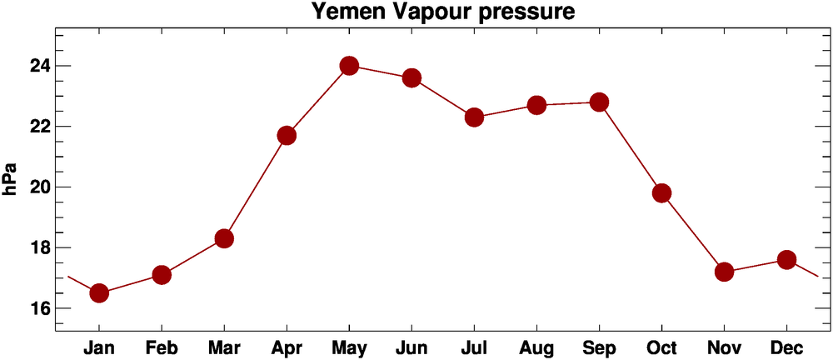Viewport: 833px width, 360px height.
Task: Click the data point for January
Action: [99, 292]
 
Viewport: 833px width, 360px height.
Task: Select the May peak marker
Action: [349, 66]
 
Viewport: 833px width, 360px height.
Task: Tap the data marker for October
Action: [661, 193]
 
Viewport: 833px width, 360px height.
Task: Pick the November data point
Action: [724, 272]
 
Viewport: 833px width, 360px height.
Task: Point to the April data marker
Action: [287, 136]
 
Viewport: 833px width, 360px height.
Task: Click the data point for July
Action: [474, 117]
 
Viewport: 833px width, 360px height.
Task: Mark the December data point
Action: [786, 259]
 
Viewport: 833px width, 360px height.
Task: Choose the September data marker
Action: [599, 102]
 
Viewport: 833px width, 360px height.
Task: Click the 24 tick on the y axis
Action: [36, 66]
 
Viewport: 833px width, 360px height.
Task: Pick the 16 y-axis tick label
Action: [36, 308]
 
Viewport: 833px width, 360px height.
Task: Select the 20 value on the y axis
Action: [36, 187]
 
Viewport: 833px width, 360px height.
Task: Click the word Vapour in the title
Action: [433, 12]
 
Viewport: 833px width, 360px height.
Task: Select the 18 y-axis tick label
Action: [36, 248]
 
